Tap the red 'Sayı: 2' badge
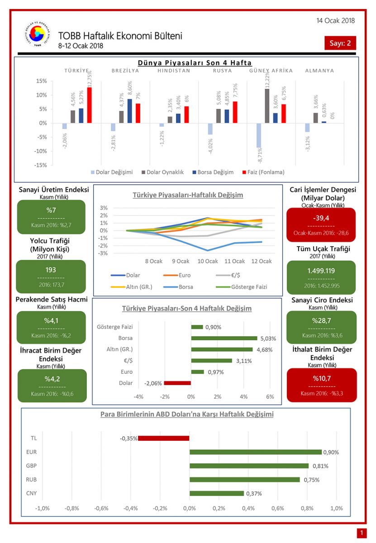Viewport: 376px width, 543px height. click(340, 43)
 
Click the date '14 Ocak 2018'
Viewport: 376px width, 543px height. click(336, 20)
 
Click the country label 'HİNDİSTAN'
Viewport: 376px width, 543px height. click(174, 71)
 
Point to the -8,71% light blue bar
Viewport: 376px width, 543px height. click(258, 135)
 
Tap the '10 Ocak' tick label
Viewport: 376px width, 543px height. click(208, 261)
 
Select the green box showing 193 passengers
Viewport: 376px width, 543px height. click(51, 276)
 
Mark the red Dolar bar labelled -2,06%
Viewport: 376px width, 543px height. click(177, 383)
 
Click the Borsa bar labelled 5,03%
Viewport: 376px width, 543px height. click(224, 338)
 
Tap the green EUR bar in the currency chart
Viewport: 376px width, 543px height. click(255, 452)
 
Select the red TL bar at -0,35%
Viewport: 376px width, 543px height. click(164, 438)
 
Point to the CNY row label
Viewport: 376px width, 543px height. click(32, 493)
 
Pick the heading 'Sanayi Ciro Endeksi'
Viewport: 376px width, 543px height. click(322, 300)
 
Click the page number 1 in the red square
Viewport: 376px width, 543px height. click(362, 533)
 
